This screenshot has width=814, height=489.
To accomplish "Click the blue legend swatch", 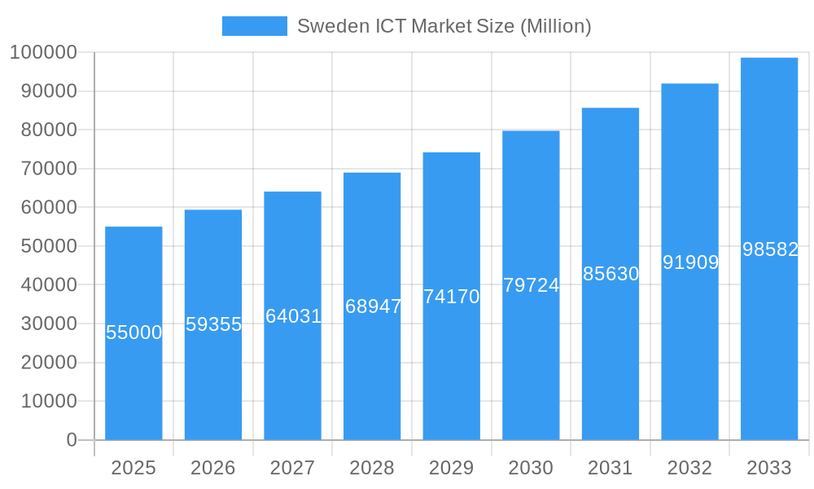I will pos(254,26).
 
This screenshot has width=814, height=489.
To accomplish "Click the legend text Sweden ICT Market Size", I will pos(444,26).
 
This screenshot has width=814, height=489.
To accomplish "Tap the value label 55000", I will pos(134,333).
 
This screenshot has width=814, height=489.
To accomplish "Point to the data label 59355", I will pos(213,324).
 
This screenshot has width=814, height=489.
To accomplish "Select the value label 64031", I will pos(293,316).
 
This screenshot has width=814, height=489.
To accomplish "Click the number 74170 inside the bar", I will pos(452,297).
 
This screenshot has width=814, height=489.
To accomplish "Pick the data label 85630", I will pos(610,274).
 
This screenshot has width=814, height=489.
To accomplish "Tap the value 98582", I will pos(770,249).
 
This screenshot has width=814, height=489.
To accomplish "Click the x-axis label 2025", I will pos(133,468).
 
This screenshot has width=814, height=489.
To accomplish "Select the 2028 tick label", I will pos(372,468).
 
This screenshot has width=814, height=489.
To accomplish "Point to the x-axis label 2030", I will pos(531,468).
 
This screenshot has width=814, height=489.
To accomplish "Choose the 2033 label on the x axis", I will pos(769,468).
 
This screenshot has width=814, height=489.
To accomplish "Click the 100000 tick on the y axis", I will pos(43,53).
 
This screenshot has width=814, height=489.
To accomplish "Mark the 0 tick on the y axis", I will pos(72,440).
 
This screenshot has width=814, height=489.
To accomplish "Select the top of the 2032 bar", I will pos(689,84).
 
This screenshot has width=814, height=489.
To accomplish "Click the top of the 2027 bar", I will pos(293,192).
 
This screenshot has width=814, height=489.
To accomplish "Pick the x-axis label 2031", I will pos(610,468).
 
